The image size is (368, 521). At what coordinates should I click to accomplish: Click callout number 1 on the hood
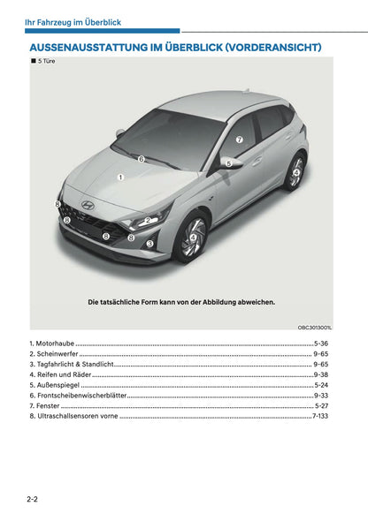tap(120, 177)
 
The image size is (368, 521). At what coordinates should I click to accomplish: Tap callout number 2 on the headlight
tap(148, 221)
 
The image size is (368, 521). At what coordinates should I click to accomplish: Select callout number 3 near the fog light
tap(149, 243)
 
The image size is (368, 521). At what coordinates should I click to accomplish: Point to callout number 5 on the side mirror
tap(226, 162)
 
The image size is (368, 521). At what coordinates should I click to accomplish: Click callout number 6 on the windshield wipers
tap(141, 160)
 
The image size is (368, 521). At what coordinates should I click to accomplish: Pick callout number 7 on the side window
tap(238, 140)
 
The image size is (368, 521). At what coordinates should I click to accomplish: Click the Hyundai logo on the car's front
tap(88, 204)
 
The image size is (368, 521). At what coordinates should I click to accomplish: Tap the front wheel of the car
tap(192, 237)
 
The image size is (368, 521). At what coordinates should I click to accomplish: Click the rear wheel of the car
tap(295, 171)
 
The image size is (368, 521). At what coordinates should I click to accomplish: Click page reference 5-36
tap(321, 342)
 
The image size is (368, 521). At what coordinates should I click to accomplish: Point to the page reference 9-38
tap(321, 374)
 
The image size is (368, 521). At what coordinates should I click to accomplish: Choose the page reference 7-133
tap(319, 415)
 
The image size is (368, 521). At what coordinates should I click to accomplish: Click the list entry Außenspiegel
tap(54, 385)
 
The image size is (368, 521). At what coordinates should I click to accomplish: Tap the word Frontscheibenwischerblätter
tap(78, 396)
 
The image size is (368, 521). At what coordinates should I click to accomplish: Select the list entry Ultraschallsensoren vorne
tap(73, 416)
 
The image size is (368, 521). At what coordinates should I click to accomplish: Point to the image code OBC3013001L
tap(314, 326)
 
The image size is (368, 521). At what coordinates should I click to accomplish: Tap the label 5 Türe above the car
tap(42, 61)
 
